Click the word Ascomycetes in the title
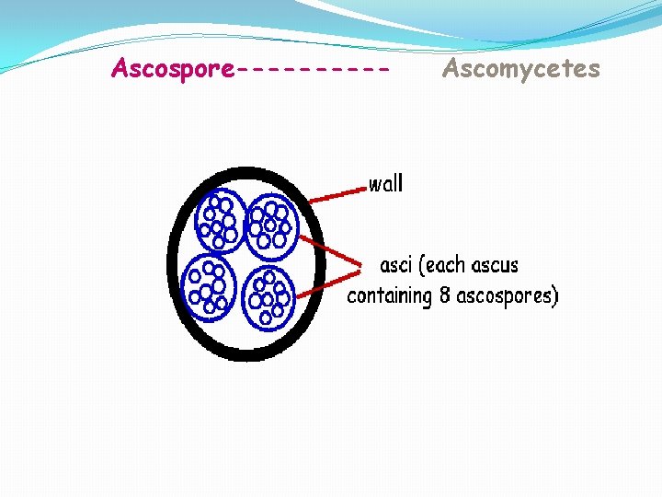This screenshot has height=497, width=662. [520, 69]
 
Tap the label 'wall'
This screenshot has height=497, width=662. [385, 184]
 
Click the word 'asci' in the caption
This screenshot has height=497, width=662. [397, 266]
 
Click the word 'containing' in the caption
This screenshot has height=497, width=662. [389, 296]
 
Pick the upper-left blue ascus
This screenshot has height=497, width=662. [220, 221]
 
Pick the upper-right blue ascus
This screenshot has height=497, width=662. [270, 223]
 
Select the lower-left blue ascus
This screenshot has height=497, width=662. [208, 284]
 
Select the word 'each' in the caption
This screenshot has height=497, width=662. [446, 266]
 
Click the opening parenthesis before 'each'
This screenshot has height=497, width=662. [421, 266]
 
